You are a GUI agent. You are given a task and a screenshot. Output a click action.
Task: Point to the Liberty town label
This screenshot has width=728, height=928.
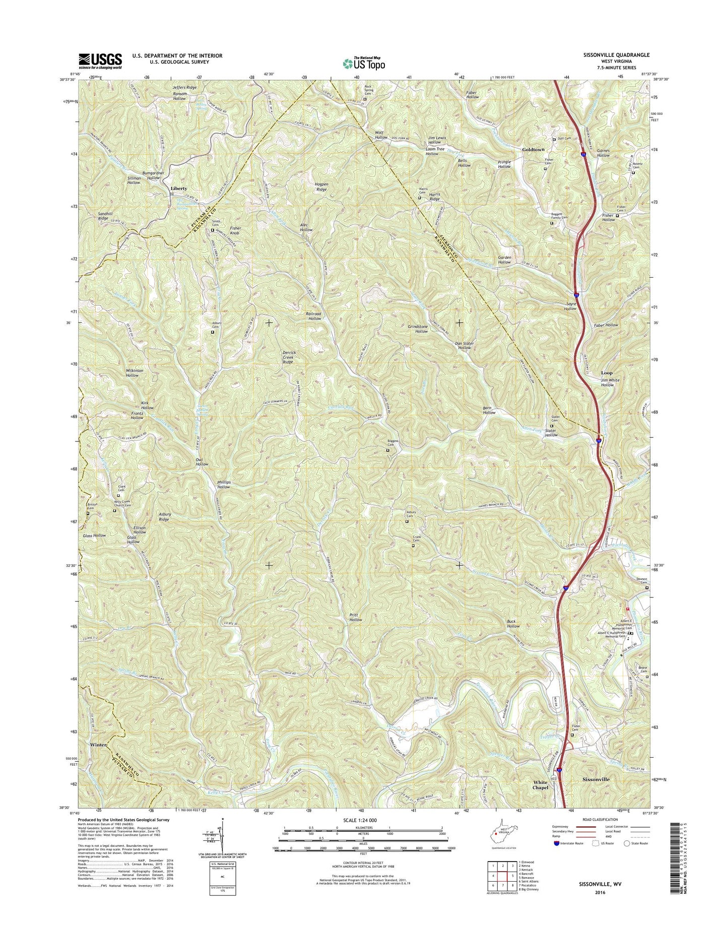(178, 188)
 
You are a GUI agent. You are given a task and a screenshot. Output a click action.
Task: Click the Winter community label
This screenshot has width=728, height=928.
(99, 745)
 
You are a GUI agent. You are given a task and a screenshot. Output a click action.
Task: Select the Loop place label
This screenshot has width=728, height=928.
(607, 373)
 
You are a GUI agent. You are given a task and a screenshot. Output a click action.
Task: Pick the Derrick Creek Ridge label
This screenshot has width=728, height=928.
(288, 357)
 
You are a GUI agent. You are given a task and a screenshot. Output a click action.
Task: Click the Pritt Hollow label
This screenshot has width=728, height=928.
(355, 617)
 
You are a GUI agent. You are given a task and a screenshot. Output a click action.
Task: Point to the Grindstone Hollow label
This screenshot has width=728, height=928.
(418, 329)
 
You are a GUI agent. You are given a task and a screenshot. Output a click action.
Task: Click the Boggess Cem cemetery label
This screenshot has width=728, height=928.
(393, 443)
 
